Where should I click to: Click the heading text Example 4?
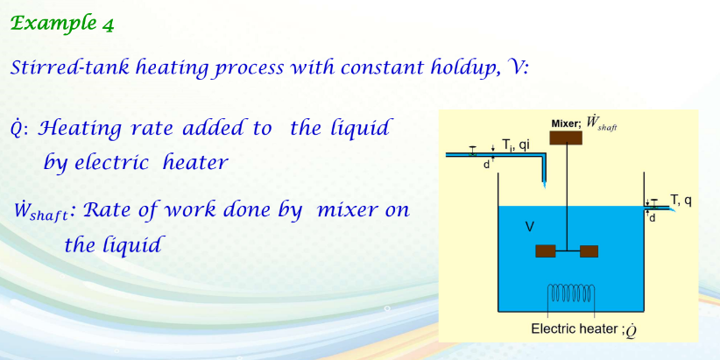(x=62, y=24)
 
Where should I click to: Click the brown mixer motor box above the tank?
(x=565, y=138)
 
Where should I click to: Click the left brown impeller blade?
(x=545, y=251)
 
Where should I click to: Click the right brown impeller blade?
(x=589, y=251)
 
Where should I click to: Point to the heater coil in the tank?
(x=571, y=292)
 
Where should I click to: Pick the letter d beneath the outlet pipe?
(x=651, y=217)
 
